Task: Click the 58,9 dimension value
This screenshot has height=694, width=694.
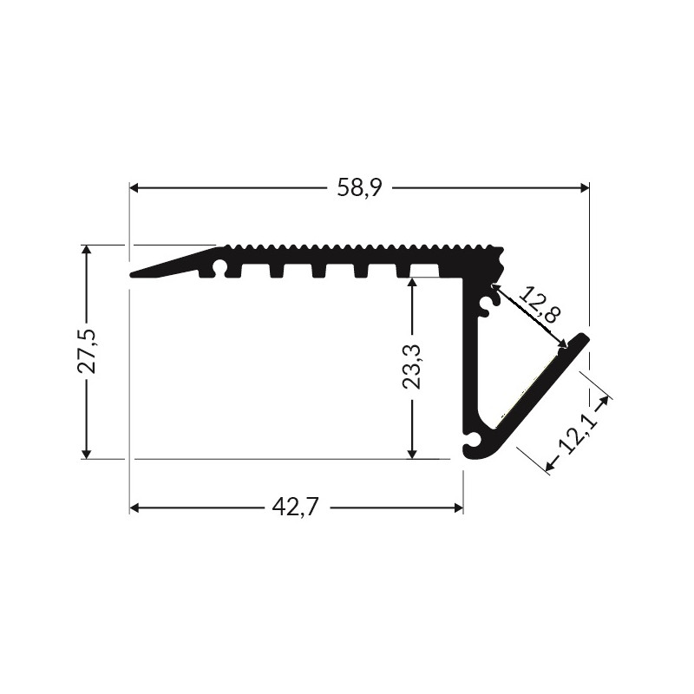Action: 360,187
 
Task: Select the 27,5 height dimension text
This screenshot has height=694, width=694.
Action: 87,351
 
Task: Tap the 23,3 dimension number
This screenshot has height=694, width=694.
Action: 413,365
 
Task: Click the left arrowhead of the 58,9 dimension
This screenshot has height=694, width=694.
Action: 135,187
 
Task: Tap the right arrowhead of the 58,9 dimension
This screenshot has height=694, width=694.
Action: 583,187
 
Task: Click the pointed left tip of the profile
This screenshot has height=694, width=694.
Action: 133,275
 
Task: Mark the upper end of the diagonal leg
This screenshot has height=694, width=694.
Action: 584,337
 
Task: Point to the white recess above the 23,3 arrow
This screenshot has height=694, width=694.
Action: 423,270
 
